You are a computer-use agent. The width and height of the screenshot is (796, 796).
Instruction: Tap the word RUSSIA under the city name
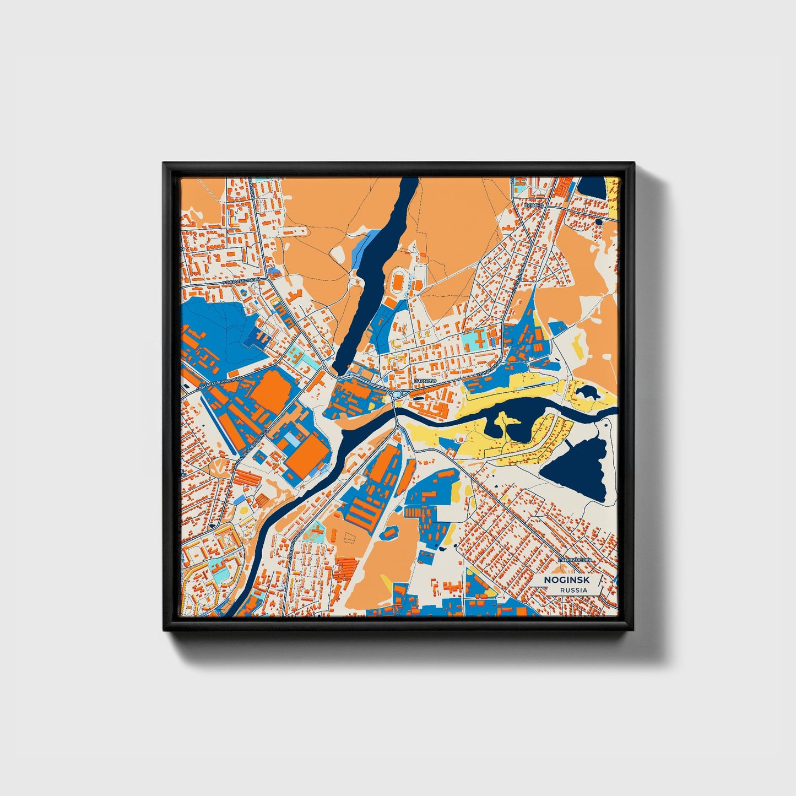pos(573,590)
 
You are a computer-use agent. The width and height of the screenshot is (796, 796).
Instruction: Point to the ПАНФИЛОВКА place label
pos(575,560)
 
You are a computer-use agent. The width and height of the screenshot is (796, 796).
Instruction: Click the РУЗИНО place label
pos(534,205)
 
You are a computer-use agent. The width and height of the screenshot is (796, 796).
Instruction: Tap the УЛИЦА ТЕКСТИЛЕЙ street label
pos(241,281)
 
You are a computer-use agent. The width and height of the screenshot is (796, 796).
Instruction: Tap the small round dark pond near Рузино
pos(598,222)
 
